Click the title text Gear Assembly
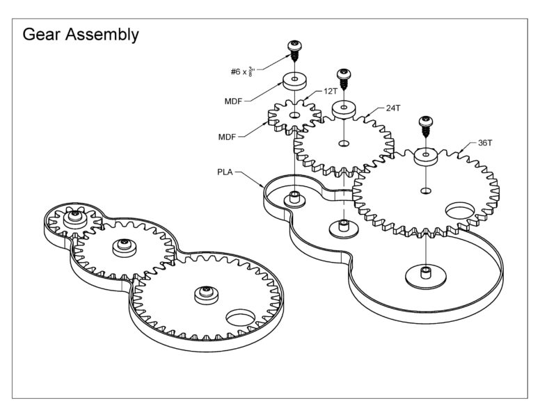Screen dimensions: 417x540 point(81,34)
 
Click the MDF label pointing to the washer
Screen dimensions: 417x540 point(233,101)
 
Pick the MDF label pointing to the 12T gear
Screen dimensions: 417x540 point(227,137)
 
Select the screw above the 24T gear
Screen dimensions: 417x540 point(343,79)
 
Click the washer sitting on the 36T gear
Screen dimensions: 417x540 point(425,156)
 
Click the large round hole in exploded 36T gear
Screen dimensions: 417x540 point(460,211)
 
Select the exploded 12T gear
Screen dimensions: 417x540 point(294,115)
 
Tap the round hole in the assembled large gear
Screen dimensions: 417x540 point(239,318)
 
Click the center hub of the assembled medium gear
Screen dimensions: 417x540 point(124,245)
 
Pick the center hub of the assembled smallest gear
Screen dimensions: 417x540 point(74,218)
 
